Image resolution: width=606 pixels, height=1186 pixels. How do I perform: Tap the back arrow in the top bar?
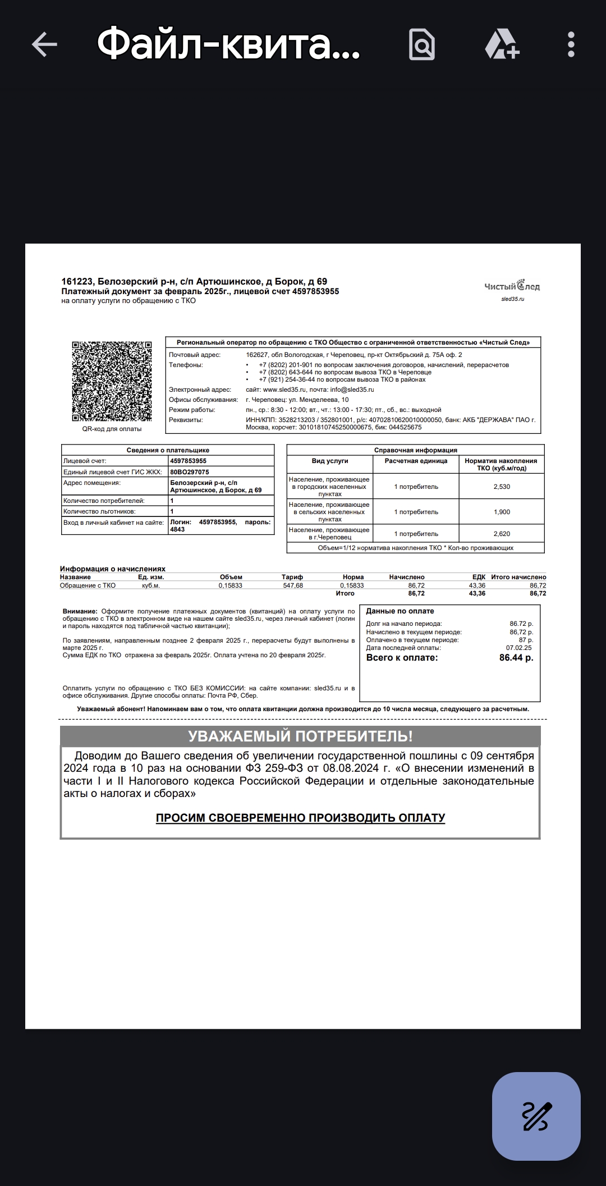[44, 44]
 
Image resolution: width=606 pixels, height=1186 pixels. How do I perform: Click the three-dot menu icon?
[571, 44]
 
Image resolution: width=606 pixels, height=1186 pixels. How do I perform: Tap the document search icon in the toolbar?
[421, 44]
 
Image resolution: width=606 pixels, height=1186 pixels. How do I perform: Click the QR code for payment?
[112, 381]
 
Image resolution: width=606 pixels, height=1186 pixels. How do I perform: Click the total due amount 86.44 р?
[516, 658]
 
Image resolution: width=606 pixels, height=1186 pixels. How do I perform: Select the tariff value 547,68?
[293, 585]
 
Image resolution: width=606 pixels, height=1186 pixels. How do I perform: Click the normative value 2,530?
[502, 487]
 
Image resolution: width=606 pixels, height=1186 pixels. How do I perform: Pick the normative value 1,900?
[502, 512]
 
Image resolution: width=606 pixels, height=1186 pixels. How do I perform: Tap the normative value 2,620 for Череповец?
[502, 534]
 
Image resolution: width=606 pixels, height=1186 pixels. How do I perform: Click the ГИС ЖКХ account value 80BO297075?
[190, 472]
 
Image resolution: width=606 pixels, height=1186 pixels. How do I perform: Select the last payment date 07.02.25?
[519, 648]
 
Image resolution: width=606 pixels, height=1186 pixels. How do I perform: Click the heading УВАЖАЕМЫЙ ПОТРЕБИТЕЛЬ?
[300, 736]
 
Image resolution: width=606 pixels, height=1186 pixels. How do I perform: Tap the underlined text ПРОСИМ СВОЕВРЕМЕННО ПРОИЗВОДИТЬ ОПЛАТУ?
[300, 818]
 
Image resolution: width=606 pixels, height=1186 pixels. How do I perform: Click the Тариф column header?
[292, 577]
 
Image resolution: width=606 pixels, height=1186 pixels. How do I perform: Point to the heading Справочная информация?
[415, 450]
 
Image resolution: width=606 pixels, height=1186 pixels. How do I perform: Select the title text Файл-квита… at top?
[228, 44]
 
